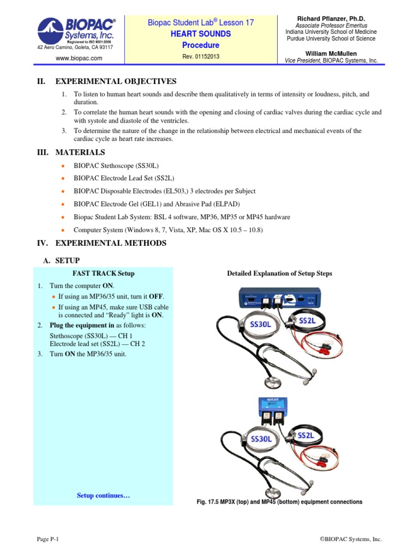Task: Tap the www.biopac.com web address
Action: (x=75, y=58)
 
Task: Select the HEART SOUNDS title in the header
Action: (x=200, y=34)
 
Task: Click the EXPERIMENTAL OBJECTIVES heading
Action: (x=116, y=81)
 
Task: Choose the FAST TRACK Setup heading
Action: (x=103, y=273)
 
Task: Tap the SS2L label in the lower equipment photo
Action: (x=306, y=435)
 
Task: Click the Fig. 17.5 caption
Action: (x=279, y=501)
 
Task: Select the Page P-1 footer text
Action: (x=47, y=539)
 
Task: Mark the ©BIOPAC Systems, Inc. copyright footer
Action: (x=350, y=539)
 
